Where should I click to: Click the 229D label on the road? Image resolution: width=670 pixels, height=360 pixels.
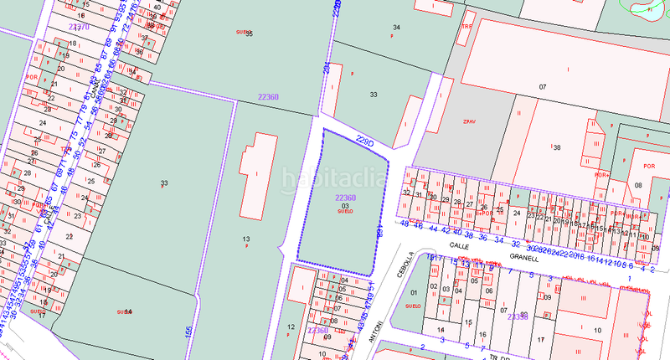click(363, 139)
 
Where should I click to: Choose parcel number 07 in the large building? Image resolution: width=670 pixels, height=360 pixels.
click(542, 87)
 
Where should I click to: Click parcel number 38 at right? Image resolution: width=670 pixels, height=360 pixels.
click(556, 147)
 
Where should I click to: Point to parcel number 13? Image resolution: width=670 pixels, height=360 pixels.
click(246, 239)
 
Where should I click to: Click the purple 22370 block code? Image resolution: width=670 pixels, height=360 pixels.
click(79, 27)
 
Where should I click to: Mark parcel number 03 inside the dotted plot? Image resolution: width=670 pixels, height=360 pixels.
click(345, 205)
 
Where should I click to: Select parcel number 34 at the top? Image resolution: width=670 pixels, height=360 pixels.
click(396, 28)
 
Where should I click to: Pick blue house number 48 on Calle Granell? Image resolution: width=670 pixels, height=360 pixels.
click(405, 224)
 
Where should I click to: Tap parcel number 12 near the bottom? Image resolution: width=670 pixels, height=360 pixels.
click(289, 327)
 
